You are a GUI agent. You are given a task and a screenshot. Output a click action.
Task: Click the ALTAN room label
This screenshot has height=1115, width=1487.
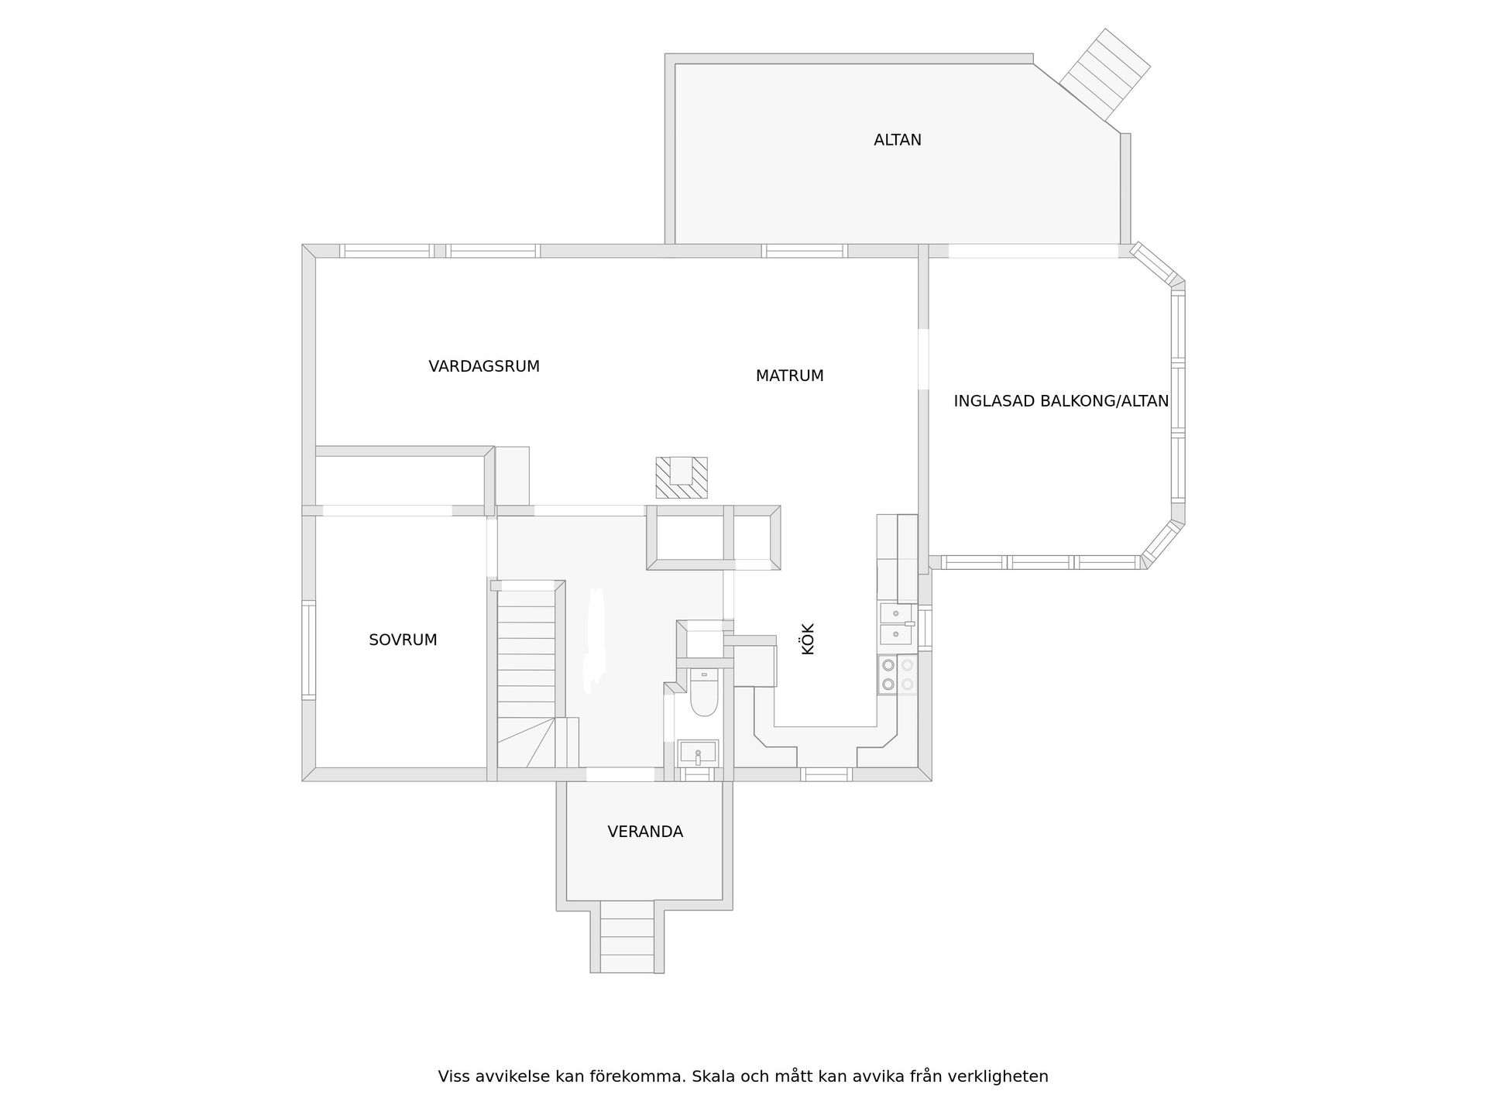pyautogui.click(x=897, y=140)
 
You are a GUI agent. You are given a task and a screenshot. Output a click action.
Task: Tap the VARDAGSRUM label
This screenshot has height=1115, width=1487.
pyautogui.click(x=484, y=366)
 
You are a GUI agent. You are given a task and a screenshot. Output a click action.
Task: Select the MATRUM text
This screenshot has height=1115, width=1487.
pyautogui.click(x=789, y=376)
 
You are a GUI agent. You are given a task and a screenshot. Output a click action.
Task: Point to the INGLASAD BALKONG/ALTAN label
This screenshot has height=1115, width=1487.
pyautogui.click(x=1060, y=401)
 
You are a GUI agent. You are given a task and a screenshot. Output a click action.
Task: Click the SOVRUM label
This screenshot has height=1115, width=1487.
pyautogui.click(x=403, y=640)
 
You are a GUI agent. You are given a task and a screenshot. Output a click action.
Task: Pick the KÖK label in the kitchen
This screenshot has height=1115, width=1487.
pyautogui.click(x=808, y=640)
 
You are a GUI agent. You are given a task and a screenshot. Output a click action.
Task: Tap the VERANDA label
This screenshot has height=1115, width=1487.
pyautogui.click(x=644, y=832)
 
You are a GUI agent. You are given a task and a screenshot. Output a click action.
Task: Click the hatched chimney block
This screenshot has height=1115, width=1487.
pyautogui.click(x=682, y=478)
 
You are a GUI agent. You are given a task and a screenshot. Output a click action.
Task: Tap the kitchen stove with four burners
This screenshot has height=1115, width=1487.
pyautogui.click(x=897, y=674)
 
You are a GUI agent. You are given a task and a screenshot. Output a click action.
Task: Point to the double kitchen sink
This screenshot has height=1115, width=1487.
pyautogui.click(x=897, y=624)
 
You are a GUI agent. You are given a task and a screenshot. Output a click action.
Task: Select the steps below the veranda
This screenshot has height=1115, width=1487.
pyautogui.click(x=627, y=937)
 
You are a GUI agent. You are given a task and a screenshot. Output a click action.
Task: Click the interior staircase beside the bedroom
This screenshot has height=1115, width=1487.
pyautogui.click(x=527, y=658)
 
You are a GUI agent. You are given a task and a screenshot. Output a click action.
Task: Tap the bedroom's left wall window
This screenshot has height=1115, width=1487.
pyautogui.click(x=308, y=650)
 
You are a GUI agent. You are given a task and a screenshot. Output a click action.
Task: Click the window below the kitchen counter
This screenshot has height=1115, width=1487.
pyautogui.click(x=826, y=774)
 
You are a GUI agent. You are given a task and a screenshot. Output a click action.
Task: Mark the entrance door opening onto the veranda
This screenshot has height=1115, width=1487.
pyautogui.click(x=620, y=774)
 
